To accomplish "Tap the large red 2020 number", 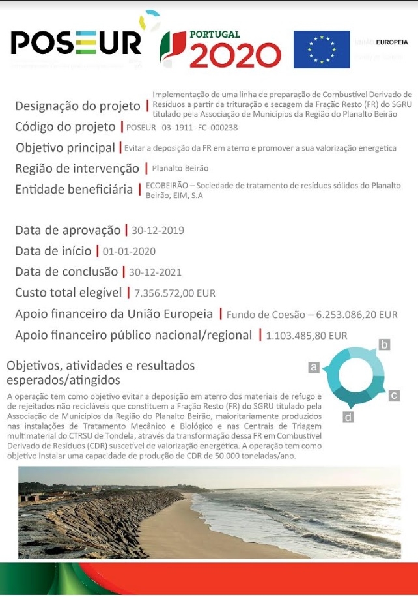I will coord(235,56).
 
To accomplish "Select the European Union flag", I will coord(321,50).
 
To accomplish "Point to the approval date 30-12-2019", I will coord(158,231).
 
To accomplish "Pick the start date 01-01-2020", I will coord(129,252).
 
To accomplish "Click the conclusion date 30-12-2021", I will coord(155,272).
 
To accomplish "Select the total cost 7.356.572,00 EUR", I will coord(174,293).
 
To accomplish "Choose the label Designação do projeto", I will coord(77,106).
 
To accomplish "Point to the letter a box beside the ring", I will coord(314,368).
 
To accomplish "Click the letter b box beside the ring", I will coord(385,345).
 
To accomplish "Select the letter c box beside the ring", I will coord(395,396).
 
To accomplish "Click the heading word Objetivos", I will coord(32,366).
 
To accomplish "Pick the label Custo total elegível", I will coord(68,293).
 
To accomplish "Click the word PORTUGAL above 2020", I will coord(214,35).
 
